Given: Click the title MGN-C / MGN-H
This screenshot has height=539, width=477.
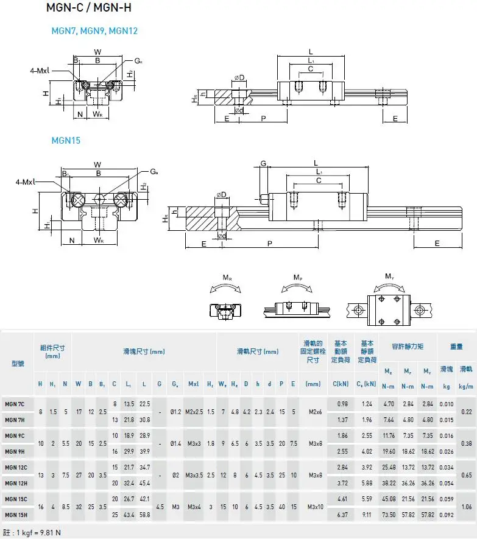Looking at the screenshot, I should [88, 8].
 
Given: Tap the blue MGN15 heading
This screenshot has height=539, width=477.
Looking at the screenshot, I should [66, 140].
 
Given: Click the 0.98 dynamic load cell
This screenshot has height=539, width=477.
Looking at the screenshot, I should [342, 404].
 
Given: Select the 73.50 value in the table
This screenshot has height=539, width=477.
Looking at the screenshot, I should [388, 515].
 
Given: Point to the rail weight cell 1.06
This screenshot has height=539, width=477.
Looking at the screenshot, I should [465, 507].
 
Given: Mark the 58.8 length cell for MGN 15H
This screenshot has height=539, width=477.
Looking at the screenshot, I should [144, 515].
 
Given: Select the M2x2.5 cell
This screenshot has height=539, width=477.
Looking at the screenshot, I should [194, 412].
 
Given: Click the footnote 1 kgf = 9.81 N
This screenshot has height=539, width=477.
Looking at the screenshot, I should [33, 533].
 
